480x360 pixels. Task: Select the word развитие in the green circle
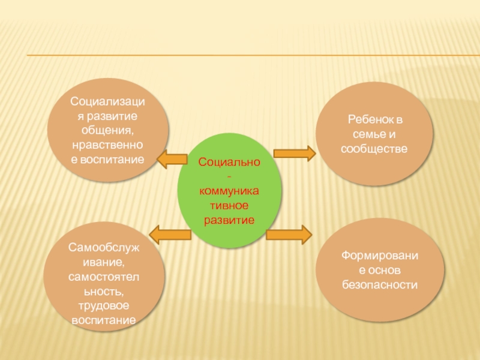[x=229, y=220]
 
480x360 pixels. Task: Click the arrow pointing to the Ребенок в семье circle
[x=294, y=154]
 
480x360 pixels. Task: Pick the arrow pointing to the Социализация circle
[x=172, y=158]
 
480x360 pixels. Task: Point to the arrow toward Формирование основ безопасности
[x=289, y=233]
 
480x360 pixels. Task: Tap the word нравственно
[x=108, y=145]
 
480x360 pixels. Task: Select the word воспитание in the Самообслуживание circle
[x=103, y=320]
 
